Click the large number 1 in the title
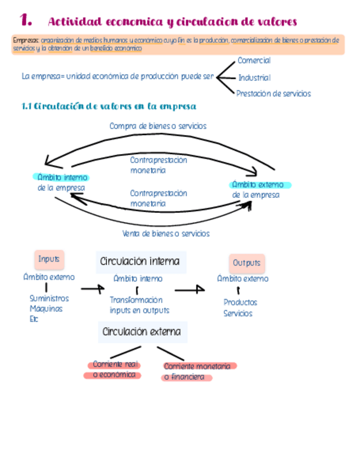[x=25, y=20]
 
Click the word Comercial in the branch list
[x=254, y=60]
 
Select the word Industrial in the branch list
[x=254, y=78]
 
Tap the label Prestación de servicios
[x=273, y=94]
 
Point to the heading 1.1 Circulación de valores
[x=109, y=106]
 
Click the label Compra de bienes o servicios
[x=158, y=126]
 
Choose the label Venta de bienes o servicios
[x=166, y=234]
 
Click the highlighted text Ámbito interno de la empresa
[x=61, y=183]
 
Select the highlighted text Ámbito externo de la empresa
[x=258, y=190]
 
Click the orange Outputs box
[x=246, y=263]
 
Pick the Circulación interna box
[x=140, y=262]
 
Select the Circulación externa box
[x=142, y=332]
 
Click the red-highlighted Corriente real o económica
[x=114, y=370]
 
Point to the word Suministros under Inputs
[x=49, y=298]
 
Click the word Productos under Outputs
[x=240, y=302]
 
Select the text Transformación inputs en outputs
[x=139, y=305]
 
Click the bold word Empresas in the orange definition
[x=26, y=41]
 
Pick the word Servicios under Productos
[x=238, y=314]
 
